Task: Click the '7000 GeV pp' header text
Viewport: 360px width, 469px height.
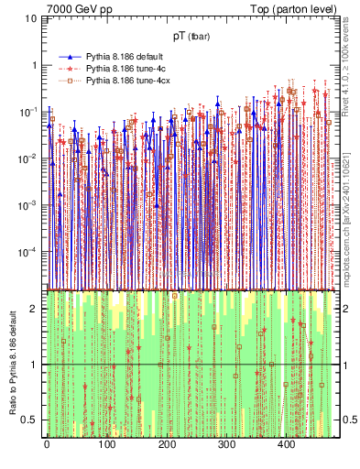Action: pos(80,9)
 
